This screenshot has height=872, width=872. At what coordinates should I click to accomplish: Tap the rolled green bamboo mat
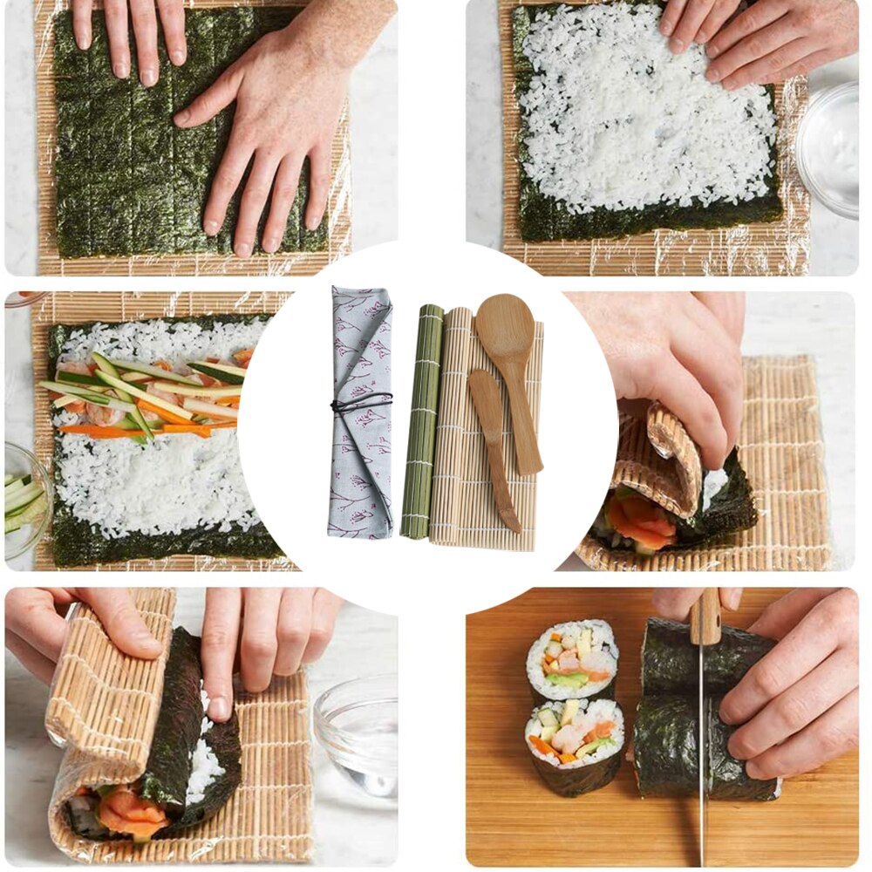[x=422, y=419]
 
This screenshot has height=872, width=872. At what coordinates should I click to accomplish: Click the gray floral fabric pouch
[x=359, y=453]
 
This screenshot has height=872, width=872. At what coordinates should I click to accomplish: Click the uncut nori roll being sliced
[x=706, y=706]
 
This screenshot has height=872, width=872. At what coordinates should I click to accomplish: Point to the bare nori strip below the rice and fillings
[x=166, y=546]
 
